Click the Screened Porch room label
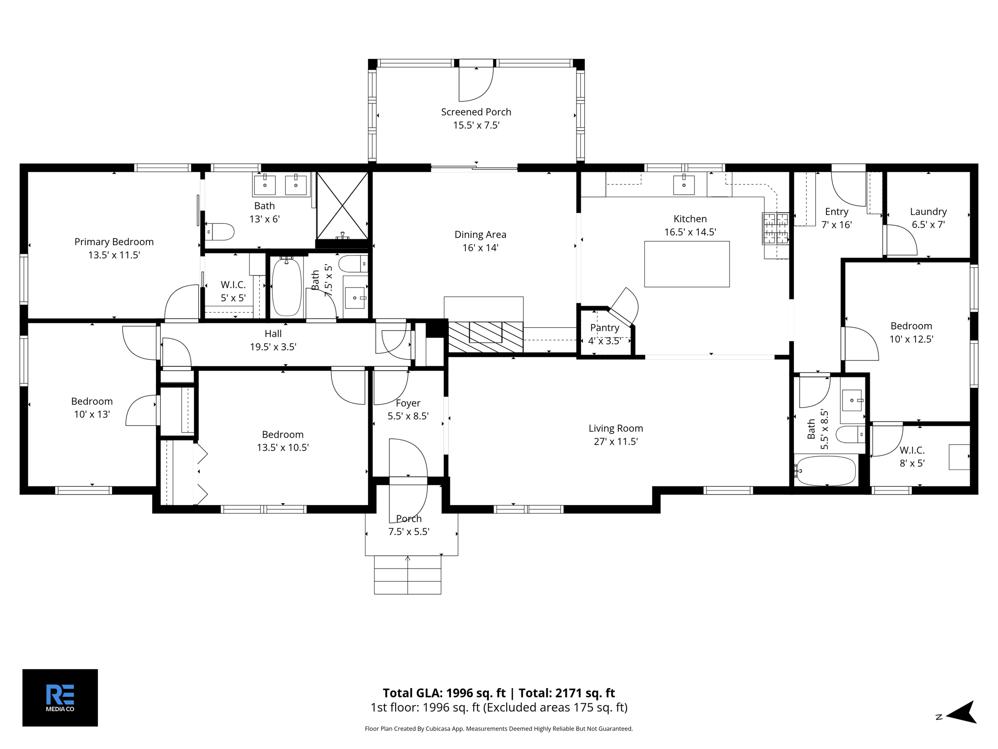pyautogui.click(x=476, y=112)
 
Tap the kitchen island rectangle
pyautogui.click(x=687, y=264)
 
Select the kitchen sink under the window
pyautogui.click(x=684, y=185)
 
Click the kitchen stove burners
pyautogui.click(x=776, y=228)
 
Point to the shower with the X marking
pyautogui.click(x=343, y=205)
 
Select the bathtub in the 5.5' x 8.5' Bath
pyautogui.click(x=825, y=471)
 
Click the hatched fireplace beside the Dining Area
pyautogui.click(x=485, y=337)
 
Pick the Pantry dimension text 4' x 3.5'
pyautogui.click(x=604, y=341)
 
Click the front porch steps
pyautogui.click(x=407, y=575)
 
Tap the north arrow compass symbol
pyautogui.click(x=961, y=712)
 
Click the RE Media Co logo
pyautogui.click(x=60, y=697)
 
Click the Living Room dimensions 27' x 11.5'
pyautogui.click(x=615, y=442)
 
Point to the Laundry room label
pyautogui.click(x=928, y=212)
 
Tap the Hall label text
pyautogui.click(x=273, y=334)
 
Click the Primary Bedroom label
pyautogui.click(x=114, y=242)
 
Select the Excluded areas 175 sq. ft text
pyautogui.click(x=555, y=708)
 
